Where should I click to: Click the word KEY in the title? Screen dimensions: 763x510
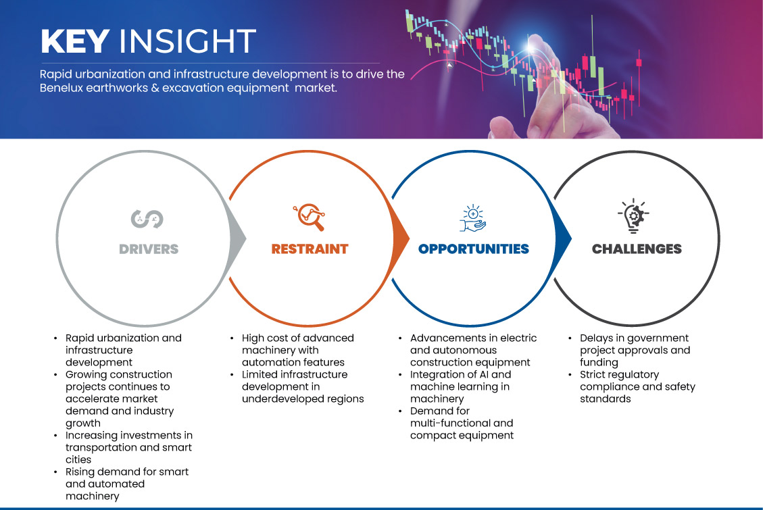pyautogui.click(x=75, y=41)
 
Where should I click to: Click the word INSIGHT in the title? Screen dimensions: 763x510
pyautogui.click(x=187, y=41)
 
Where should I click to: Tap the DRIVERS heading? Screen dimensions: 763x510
pyautogui.click(x=149, y=249)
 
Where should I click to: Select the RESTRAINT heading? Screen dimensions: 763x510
pyautogui.click(x=310, y=249)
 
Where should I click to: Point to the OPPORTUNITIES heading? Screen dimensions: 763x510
pyautogui.click(x=474, y=249)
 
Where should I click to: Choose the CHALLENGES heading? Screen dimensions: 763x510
pyautogui.click(x=637, y=249)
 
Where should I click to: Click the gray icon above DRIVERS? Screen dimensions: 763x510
pyautogui.click(x=147, y=219)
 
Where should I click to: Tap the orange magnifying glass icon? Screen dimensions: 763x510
pyautogui.click(x=309, y=217)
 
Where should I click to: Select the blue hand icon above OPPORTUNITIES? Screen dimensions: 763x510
pyautogui.click(x=473, y=218)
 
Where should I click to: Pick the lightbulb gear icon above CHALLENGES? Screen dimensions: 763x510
pyautogui.click(x=633, y=216)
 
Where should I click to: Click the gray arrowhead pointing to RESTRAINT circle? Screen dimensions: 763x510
pyautogui.click(x=238, y=238)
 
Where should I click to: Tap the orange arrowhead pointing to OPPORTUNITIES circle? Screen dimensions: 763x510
pyautogui.click(x=401, y=238)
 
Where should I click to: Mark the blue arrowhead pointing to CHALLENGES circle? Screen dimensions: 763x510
pyautogui.click(x=564, y=238)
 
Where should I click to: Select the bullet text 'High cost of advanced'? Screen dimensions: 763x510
pyautogui.click(x=298, y=338)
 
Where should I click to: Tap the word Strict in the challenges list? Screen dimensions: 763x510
pyautogui.click(x=592, y=374)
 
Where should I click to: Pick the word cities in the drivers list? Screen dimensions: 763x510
pyautogui.click(x=78, y=459)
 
